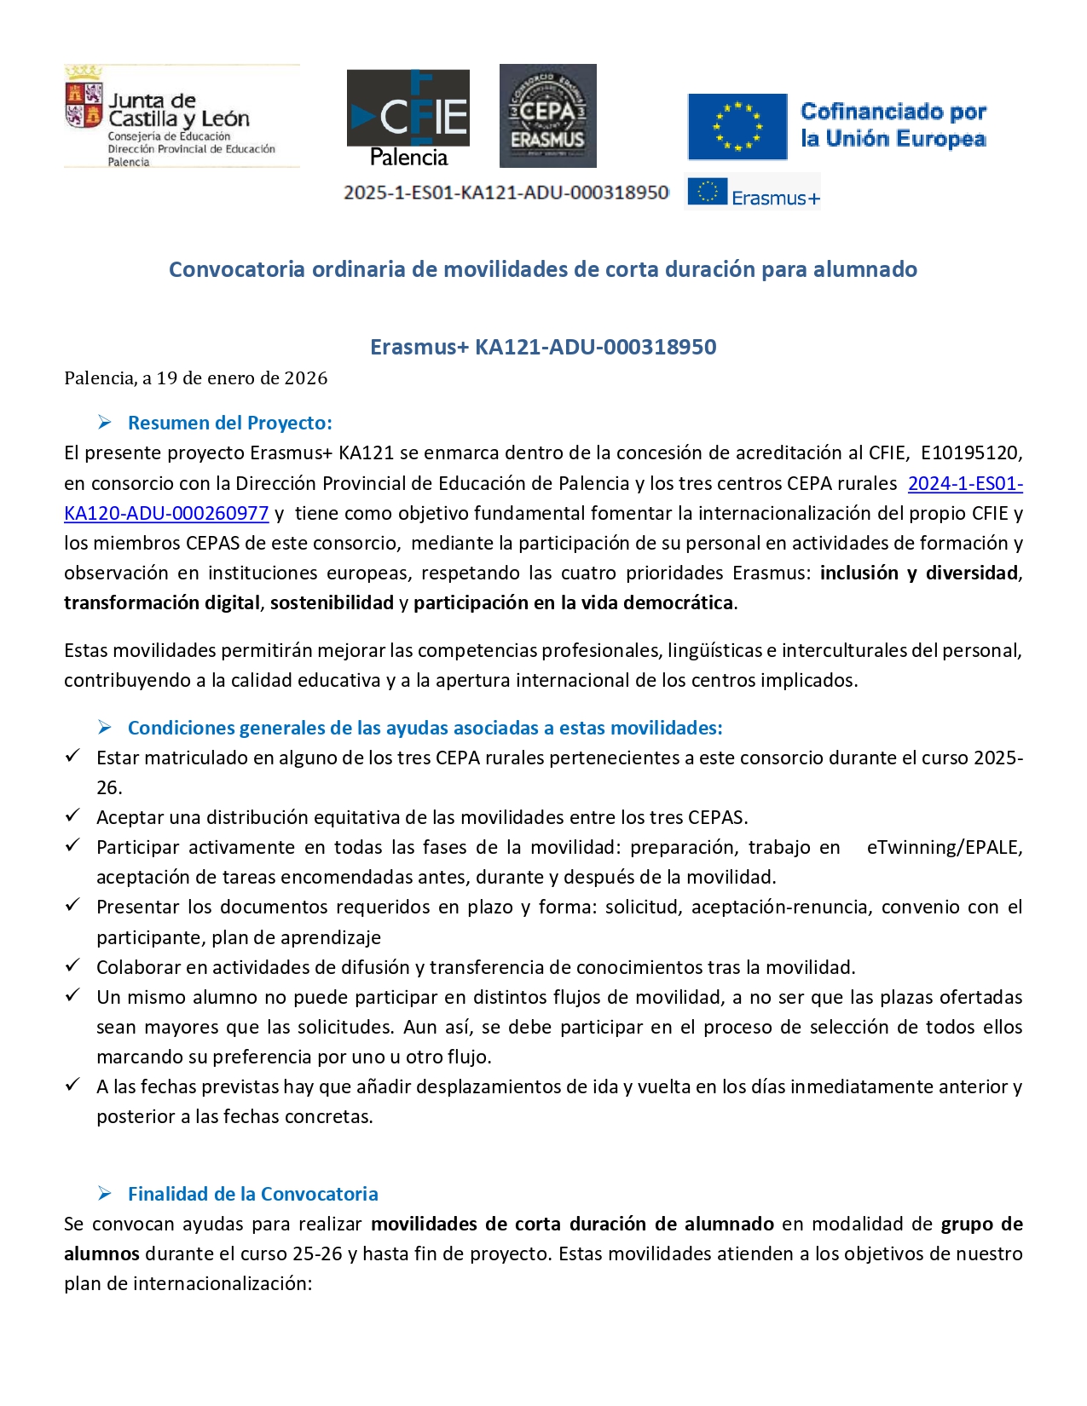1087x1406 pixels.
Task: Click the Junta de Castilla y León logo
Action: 181,116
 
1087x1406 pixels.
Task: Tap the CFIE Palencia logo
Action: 408,118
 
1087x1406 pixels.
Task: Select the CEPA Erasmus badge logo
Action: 547,116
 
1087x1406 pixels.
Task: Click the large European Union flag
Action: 737,127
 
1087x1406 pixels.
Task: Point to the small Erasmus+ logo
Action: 753,193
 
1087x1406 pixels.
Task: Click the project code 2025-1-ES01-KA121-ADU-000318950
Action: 506,193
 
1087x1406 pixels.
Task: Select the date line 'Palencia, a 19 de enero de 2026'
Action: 195,378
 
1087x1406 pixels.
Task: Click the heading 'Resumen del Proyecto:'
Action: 229,423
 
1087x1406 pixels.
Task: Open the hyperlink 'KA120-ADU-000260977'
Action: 166,513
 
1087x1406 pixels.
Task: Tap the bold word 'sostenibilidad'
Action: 332,602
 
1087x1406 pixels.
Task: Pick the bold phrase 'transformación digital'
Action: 162,602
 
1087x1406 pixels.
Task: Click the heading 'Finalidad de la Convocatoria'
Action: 252,1194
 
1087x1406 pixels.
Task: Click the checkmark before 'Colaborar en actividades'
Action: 73,965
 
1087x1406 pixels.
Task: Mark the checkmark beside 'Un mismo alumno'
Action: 73,995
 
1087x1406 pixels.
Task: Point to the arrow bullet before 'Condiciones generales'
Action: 105,727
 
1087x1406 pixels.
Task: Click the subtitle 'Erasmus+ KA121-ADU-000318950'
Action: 543,347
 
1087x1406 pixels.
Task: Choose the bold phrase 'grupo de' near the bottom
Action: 981,1224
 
